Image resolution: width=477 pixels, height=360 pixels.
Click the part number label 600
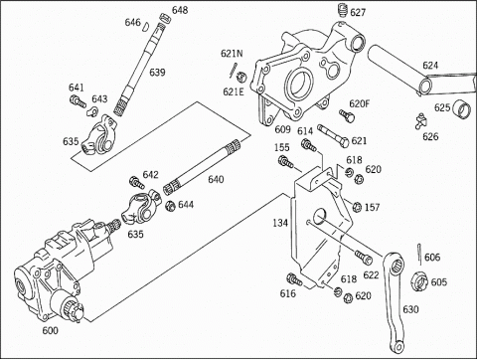click(50, 330)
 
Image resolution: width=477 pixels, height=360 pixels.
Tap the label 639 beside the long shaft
click(157, 73)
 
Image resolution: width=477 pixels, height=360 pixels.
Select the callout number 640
click(216, 179)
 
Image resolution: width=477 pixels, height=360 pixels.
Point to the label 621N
click(232, 54)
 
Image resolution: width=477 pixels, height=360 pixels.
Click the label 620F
click(360, 103)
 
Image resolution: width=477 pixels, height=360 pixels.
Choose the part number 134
click(280, 223)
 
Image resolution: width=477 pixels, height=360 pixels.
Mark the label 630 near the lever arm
click(410, 309)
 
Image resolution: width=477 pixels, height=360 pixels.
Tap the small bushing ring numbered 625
click(461, 108)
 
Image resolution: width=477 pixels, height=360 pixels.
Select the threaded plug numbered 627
click(343, 10)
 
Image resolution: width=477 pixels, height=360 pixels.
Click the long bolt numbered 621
click(333, 135)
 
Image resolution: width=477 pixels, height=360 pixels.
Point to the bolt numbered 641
click(78, 100)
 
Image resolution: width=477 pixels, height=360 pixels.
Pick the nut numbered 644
click(170, 206)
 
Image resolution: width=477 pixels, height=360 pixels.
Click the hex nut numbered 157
click(357, 207)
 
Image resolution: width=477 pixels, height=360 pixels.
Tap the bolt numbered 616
click(294, 279)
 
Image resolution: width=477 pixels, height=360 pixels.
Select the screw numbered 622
click(364, 258)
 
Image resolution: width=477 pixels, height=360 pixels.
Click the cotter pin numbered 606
click(419, 255)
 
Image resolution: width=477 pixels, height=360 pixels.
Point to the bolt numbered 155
click(286, 161)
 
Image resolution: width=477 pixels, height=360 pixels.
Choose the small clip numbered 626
click(420, 121)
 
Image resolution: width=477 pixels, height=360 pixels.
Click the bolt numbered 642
click(136, 182)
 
